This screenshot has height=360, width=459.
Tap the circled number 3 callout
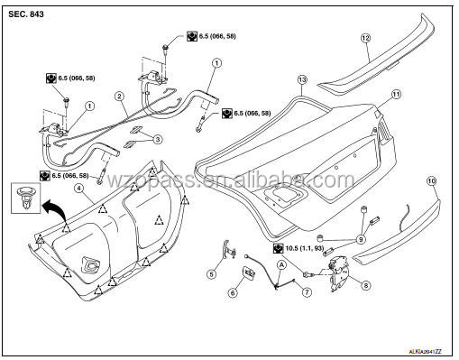click(158, 139)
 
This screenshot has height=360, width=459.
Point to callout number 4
click(79, 189)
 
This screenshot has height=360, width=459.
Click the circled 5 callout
click(212, 273)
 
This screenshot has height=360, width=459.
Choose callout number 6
click(232, 292)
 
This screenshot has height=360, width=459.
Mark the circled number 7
click(307, 291)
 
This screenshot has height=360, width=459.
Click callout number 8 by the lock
click(366, 285)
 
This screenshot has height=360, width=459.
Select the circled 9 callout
click(360, 239)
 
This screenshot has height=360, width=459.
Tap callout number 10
click(431, 181)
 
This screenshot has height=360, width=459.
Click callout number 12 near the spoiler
click(365, 38)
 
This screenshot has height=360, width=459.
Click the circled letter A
click(280, 265)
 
